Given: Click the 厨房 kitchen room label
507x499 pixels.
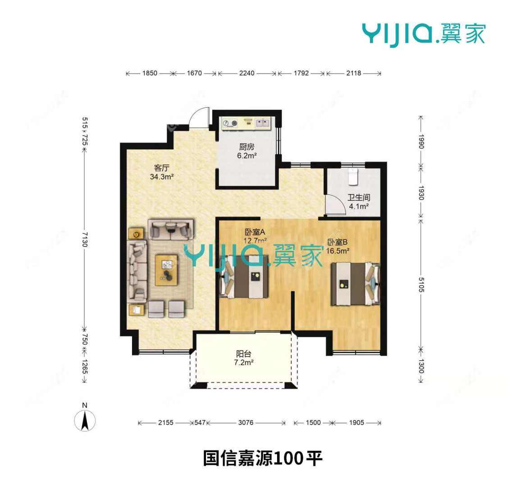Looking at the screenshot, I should click(247, 147).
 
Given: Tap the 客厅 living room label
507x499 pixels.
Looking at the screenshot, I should click(161, 168).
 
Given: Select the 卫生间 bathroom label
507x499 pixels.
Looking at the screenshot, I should click(359, 197).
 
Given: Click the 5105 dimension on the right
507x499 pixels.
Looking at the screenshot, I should click(421, 284).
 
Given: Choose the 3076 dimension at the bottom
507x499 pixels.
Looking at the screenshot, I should click(246, 423).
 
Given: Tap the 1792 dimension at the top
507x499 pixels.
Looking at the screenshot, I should click(301, 73).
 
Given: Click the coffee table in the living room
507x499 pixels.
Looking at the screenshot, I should click(166, 270).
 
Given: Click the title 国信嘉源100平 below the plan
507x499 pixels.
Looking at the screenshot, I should click(263, 459).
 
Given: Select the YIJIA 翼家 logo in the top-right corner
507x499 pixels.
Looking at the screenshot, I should click(423, 33).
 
